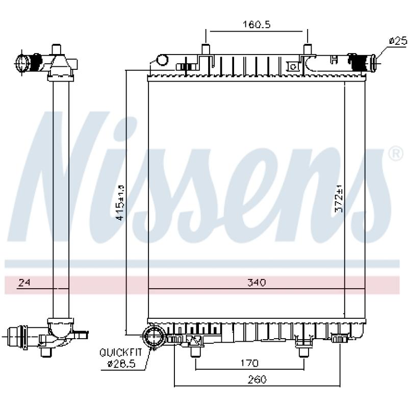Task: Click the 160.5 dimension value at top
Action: pyautogui.click(x=257, y=24)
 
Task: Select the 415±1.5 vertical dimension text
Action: pyautogui.click(x=121, y=202)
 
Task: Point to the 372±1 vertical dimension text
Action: pyautogui.click(x=339, y=198)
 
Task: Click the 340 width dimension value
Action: pyautogui.click(x=257, y=283)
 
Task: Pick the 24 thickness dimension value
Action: pyautogui.click(x=24, y=283)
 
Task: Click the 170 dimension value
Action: pyautogui.click(x=249, y=363)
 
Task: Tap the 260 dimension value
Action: pyautogui.click(x=257, y=379)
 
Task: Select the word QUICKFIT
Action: pyautogui.click(x=121, y=352)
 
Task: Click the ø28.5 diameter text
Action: pyautogui.click(x=122, y=364)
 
